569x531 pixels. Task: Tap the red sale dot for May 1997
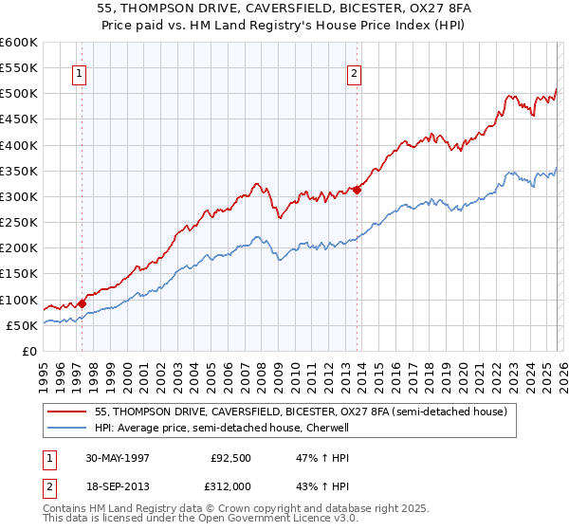point(83,303)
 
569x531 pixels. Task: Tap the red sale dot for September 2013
point(358,190)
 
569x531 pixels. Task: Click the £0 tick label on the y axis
point(30,351)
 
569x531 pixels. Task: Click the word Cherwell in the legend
point(328,428)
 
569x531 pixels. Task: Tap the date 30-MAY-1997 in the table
point(119,456)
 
